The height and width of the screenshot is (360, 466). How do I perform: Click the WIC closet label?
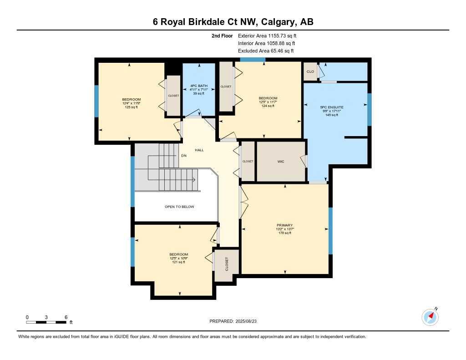(281, 162)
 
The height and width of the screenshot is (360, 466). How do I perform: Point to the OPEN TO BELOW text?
(179, 207)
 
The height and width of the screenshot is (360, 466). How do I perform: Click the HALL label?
(199, 150)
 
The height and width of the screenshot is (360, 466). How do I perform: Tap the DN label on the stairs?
(184, 156)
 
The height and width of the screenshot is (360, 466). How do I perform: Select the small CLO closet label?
(310, 71)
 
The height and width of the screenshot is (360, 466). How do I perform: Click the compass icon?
(430, 316)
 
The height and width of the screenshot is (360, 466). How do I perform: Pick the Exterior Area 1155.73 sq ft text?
(270, 35)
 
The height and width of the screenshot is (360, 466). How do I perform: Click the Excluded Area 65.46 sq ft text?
(266, 51)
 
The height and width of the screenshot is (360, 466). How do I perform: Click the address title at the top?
(233, 22)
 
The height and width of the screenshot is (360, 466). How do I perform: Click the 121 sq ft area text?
(178, 262)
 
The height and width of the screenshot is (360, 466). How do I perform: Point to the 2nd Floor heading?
(222, 35)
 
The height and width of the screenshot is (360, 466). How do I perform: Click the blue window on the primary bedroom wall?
(330, 231)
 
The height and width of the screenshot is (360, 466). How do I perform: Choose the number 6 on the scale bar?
(66, 317)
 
